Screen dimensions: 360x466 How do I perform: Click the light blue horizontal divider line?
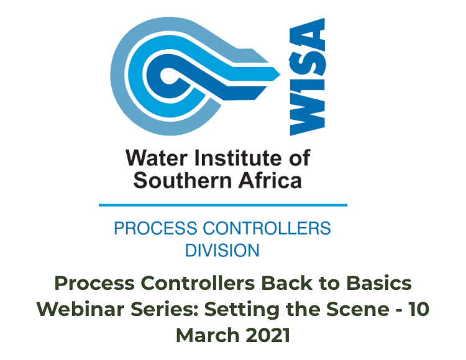pos(222,204)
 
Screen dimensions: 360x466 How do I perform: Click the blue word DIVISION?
pos(222,251)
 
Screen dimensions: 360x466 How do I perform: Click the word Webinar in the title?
pos(75,308)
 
